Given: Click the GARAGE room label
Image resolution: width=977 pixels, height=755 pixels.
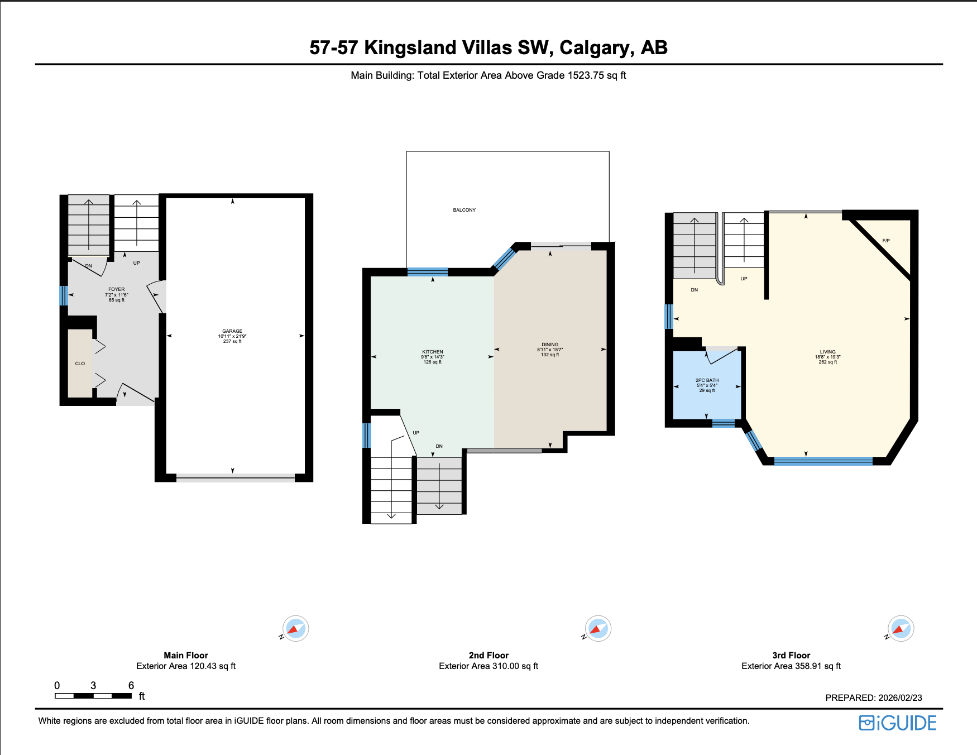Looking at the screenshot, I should point(232,332).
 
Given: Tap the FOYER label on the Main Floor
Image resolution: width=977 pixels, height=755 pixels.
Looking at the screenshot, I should point(117,290).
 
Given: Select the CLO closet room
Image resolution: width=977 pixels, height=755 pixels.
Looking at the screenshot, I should point(80,364).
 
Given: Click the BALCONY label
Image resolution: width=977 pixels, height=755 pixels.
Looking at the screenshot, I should point(464,210).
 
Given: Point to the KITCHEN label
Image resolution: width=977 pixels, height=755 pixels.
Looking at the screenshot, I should point(433,352).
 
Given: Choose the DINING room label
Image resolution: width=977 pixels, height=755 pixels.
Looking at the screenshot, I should point(550,345).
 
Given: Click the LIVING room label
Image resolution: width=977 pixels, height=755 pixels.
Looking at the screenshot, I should point(827,352).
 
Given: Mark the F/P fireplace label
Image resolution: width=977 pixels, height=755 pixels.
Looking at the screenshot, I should point(886,241).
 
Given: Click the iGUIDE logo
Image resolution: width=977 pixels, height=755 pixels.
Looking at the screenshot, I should point(898,723).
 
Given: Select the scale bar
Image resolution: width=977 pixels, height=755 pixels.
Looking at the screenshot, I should point(93,696).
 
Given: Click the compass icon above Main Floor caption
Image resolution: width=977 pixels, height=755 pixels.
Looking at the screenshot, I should point(295,629).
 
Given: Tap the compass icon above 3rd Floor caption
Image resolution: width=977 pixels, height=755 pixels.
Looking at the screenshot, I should point(901,629).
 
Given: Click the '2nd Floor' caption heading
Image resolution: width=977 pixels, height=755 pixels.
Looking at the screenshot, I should point(488,656).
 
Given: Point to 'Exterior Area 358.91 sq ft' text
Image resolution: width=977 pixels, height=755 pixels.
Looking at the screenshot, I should point(791,666).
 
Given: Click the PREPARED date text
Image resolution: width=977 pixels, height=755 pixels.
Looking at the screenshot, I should point(873,698).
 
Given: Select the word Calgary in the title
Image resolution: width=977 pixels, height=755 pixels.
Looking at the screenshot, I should point(597,48).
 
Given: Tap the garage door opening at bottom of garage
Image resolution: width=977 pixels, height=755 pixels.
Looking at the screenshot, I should point(236,477).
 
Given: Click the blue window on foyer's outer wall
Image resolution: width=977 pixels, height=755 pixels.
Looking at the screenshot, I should point(64,295).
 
